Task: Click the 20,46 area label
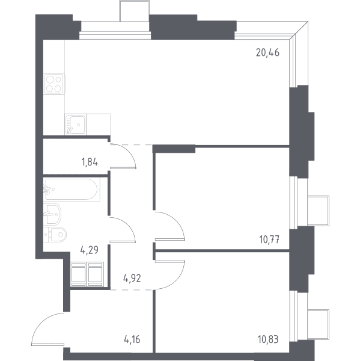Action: pos(267,53)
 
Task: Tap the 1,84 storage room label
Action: pos(90,162)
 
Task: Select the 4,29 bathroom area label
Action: pos(90,250)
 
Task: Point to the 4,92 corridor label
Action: pos(132,279)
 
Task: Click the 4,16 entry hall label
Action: pos(132,339)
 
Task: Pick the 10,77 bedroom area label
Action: pos(269,239)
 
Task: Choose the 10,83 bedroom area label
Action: pos(268,339)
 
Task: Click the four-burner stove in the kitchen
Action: pos(54,84)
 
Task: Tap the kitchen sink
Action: pos(76,125)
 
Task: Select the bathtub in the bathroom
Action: pos(72,190)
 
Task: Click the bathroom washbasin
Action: pos(52,214)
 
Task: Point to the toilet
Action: pos(55,235)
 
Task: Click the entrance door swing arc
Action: pos(43,322)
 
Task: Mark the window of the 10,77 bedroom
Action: pos(293,203)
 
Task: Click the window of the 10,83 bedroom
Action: pos(293,316)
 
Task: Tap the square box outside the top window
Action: pos(135,11)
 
